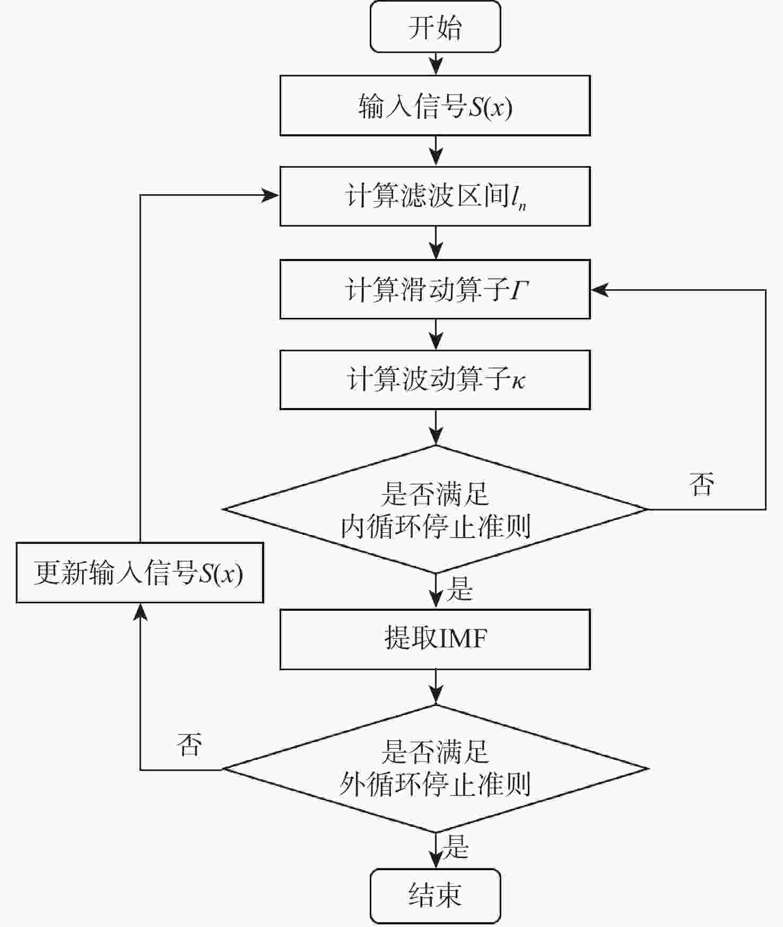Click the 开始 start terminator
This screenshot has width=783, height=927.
pos(435,27)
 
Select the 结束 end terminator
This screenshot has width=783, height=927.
pos(435,896)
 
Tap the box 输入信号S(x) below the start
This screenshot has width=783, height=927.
pos(435,106)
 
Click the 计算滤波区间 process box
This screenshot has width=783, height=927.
pos(435,196)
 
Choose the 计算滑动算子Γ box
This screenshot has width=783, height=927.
pos(435,289)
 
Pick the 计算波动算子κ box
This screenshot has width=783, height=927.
pos(435,379)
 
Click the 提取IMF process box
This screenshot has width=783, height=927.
pos(435,639)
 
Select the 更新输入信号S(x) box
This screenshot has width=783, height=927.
pos(140,573)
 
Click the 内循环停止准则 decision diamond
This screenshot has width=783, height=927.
pos(436,509)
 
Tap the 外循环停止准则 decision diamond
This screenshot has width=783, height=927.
pos(436,768)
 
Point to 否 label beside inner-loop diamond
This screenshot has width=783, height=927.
pos(701,484)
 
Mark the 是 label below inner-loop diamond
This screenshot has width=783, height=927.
pos(459,588)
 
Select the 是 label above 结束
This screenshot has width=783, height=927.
pos(456,846)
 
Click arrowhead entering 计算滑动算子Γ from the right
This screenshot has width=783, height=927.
pos(599,290)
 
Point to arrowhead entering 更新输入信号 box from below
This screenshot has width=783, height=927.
pos(140,612)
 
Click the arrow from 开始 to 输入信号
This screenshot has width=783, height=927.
pos(436,64)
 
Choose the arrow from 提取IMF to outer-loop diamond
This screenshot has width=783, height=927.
pos(436,687)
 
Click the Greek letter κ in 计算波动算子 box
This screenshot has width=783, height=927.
pos(518,381)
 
